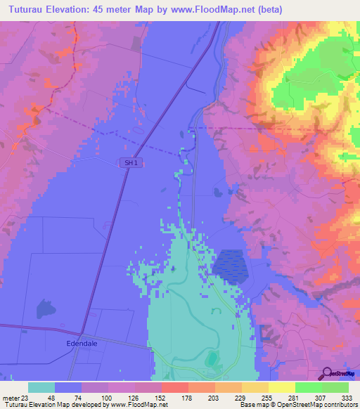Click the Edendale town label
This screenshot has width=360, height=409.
click(x=77, y=345)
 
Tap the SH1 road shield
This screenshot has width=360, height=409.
click(x=128, y=162)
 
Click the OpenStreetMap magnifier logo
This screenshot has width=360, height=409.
click(x=328, y=372)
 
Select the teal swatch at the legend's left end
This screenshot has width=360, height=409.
click(x=41, y=387)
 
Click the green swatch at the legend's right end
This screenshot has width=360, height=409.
click(x=335, y=387)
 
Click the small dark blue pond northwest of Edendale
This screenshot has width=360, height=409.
click(x=46, y=307)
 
